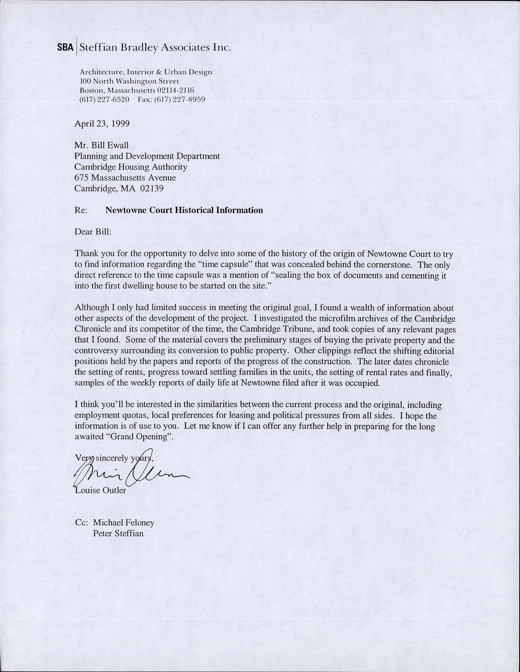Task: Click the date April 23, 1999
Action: [x=102, y=124]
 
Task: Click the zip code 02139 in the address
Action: [x=152, y=189]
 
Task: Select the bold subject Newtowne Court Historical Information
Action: [x=184, y=210]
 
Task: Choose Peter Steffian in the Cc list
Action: [x=118, y=534]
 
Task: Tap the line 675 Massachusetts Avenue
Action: [x=125, y=178]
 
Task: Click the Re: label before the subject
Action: [x=81, y=210]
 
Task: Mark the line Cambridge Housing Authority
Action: [x=130, y=167]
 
